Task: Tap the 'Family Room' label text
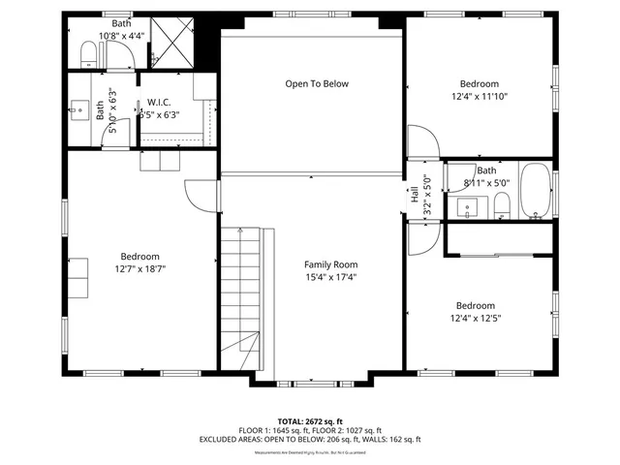[x=330, y=264]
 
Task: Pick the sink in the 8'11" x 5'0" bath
[x=470, y=205]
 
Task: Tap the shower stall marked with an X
[x=174, y=42]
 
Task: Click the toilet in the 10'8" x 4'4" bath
[x=90, y=60]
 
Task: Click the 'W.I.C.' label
[x=159, y=102]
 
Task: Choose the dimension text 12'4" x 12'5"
[x=476, y=317]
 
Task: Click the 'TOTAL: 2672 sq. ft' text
[x=310, y=421]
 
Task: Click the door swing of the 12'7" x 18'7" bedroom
[x=198, y=198]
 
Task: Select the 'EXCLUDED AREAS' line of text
[x=310, y=440]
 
